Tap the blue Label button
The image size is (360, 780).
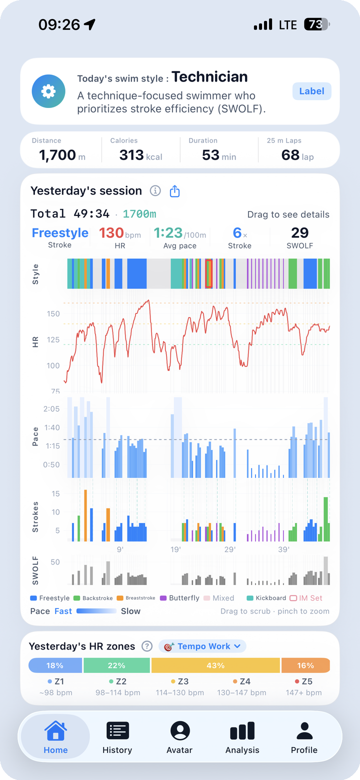click(x=311, y=91)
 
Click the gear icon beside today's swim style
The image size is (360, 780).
click(x=48, y=91)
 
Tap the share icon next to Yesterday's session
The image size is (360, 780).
click(x=174, y=191)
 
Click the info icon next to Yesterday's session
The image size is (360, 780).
click(x=155, y=191)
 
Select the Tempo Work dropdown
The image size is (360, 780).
click(x=202, y=646)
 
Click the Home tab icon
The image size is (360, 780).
click(x=55, y=730)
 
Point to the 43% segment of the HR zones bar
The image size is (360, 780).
click(x=215, y=665)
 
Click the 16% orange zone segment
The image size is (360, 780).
click(x=305, y=665)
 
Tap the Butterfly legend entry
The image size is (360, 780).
click(x=179, y=598)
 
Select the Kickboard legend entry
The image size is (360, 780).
click(x=266, y=598)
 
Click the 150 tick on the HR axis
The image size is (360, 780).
click(x=53, y=313)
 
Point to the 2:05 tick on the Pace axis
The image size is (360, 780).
click(x=51, y=409)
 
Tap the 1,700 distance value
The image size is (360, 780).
click(x=57, y=155)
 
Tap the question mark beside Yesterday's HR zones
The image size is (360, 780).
click(x=147, y=646)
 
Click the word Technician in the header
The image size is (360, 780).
click(x=209, y=77)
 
